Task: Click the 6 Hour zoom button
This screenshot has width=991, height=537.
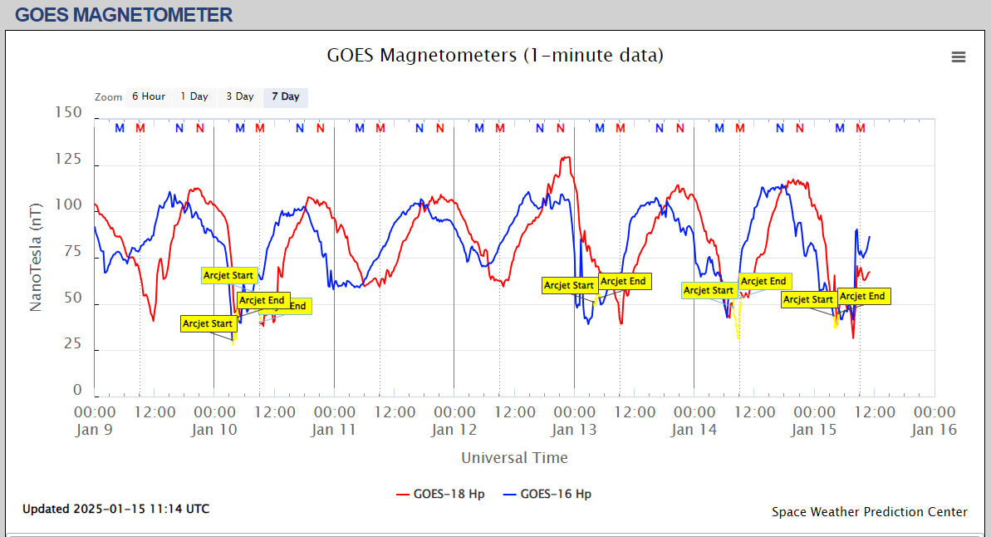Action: pos(148,97)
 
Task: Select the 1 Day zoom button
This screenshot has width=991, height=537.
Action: pos(194,97)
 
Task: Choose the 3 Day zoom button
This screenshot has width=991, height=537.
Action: pos(240,97)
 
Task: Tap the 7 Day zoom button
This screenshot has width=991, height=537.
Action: pos(286,97)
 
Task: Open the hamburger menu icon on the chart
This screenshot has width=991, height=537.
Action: pos(959,57)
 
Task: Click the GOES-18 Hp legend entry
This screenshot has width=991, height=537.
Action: pos(441,494)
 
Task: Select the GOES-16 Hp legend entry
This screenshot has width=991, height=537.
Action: pos(547,494)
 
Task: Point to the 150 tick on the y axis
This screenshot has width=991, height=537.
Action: pos(67,112)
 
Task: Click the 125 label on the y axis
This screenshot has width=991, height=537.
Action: pos(67,159)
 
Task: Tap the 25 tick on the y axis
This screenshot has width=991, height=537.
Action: pos(71,344)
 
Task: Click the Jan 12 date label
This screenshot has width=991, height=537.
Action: pos(454,430)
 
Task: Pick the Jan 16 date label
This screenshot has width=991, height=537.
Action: pos(935,430)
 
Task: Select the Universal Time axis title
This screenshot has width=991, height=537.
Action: pos(514,458)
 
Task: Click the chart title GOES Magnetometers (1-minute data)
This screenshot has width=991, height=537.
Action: pos(495,56)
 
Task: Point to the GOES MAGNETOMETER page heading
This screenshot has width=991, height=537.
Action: pos(124,14)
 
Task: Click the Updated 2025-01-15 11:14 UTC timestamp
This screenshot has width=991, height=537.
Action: pos(115,509)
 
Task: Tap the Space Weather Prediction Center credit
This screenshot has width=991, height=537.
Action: pos(869,512)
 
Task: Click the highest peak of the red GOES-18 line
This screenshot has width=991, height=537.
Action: pos(567,157)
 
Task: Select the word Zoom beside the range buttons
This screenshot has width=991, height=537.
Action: pos(108,97)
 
